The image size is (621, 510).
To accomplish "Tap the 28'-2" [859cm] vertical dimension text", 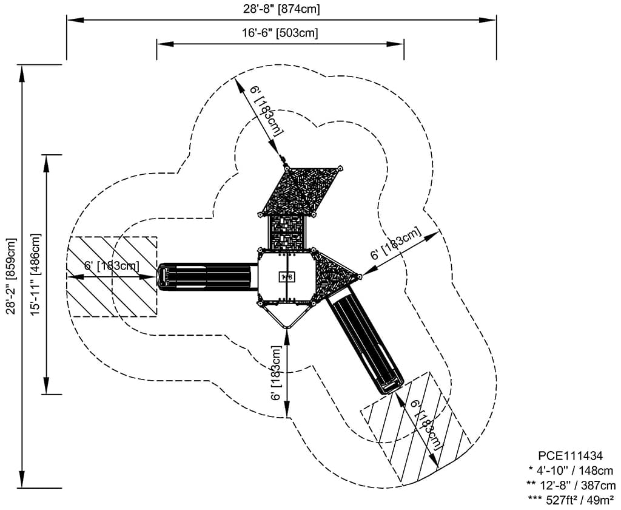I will tap(10, 276).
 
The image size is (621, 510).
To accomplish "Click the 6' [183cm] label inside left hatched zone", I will tap(112, 265).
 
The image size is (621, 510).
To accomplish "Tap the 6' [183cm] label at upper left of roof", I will tap(266, 110).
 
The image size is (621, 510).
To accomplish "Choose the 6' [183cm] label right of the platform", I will tap(395, 244).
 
